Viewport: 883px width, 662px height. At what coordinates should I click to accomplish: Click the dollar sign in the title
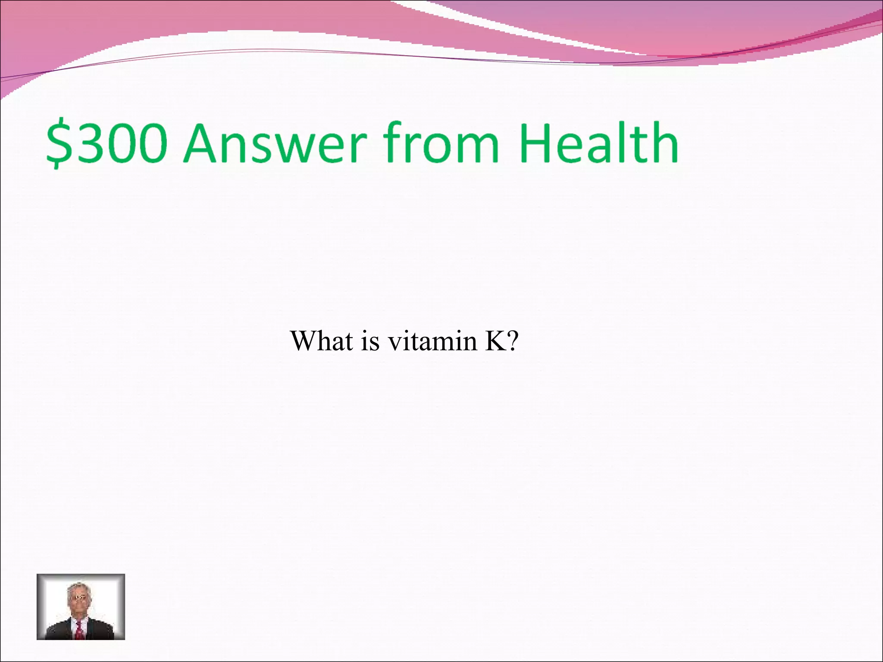[59, 143]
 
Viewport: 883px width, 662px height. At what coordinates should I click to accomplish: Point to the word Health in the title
[599, 142]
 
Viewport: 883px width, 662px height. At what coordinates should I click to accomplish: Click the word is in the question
[370, 341]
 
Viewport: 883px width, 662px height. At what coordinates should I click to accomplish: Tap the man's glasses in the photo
[79, 597]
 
